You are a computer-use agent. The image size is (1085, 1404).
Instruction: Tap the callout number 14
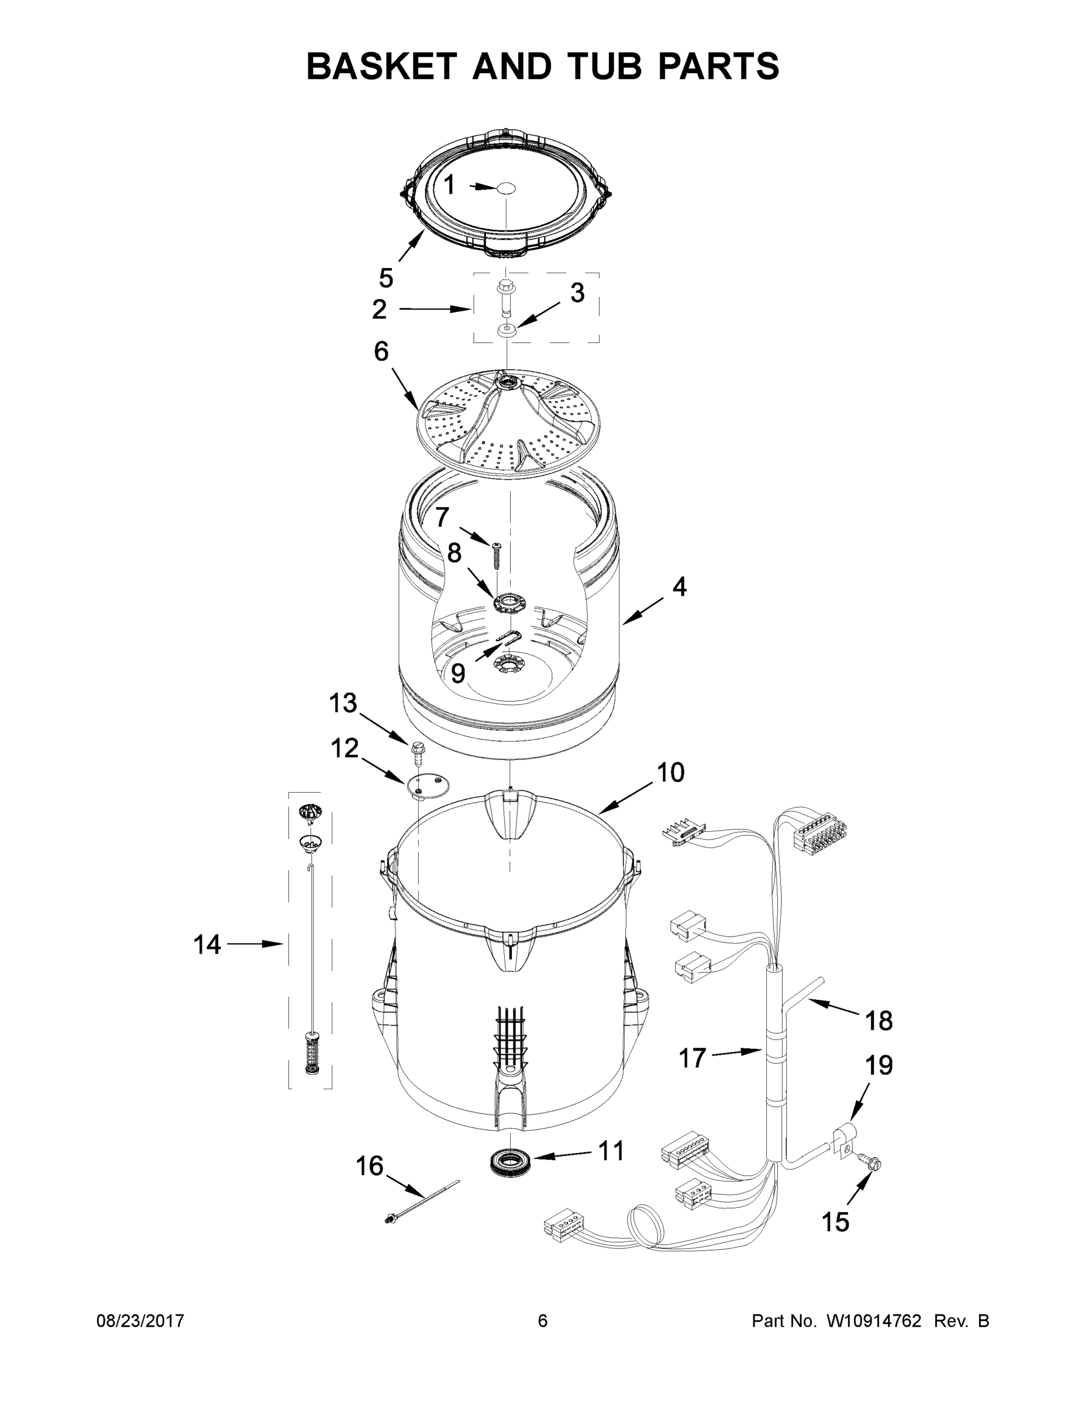207,944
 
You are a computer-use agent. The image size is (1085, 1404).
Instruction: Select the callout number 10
670,772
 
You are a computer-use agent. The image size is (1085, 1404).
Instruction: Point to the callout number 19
879,1065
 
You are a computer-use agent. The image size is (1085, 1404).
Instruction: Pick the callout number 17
693,1058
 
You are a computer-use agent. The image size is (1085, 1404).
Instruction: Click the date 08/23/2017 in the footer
140,1321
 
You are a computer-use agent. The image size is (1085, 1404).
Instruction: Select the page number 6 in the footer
543,1321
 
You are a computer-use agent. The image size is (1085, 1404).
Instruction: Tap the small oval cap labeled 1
507,187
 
